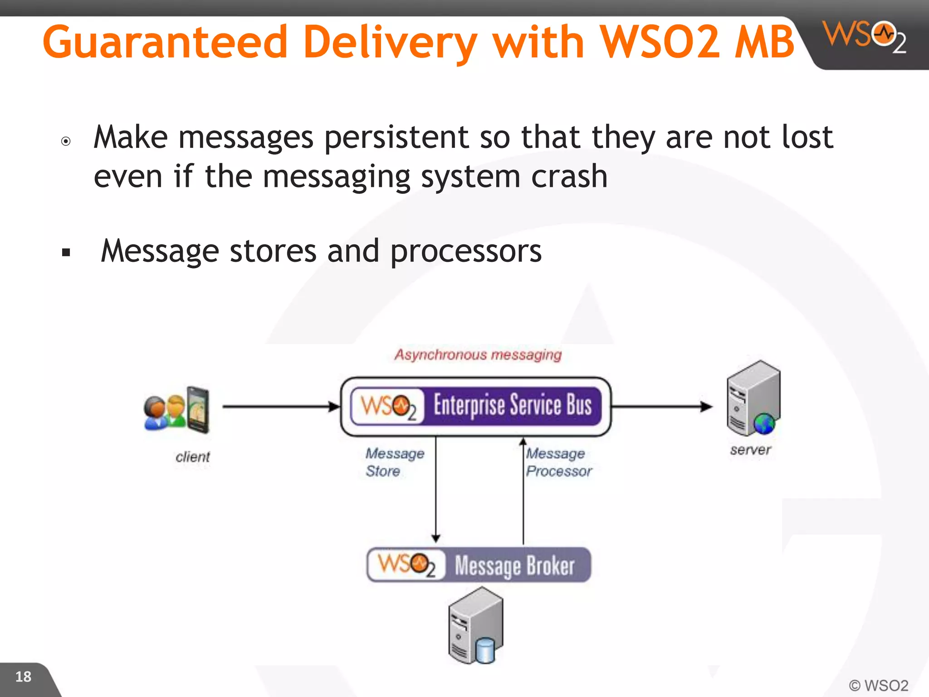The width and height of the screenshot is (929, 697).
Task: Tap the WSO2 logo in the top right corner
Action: [x=865, y=36]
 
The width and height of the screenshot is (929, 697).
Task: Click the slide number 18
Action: [x=23, y=677]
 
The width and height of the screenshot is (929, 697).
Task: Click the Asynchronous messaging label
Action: [x=478, y=354]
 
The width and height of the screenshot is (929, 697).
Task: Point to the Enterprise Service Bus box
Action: [x=476, y=406]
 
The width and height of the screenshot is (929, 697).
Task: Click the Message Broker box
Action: [x=479, y=565]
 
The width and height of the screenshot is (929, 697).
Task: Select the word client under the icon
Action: [x=192, y=457]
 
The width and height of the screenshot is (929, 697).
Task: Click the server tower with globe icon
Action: [x=753, y=398]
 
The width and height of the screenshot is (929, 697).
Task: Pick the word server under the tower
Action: [x=750, y=450]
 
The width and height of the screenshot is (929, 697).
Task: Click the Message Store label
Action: [x=394, y=462]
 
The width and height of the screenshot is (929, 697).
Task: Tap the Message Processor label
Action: [x=558, y=462]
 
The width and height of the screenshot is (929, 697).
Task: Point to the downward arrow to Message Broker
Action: [x=436, y=490]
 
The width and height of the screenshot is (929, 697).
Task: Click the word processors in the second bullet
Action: [x=466, y=251]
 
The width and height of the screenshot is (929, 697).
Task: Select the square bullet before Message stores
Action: [x=66, y=253]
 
